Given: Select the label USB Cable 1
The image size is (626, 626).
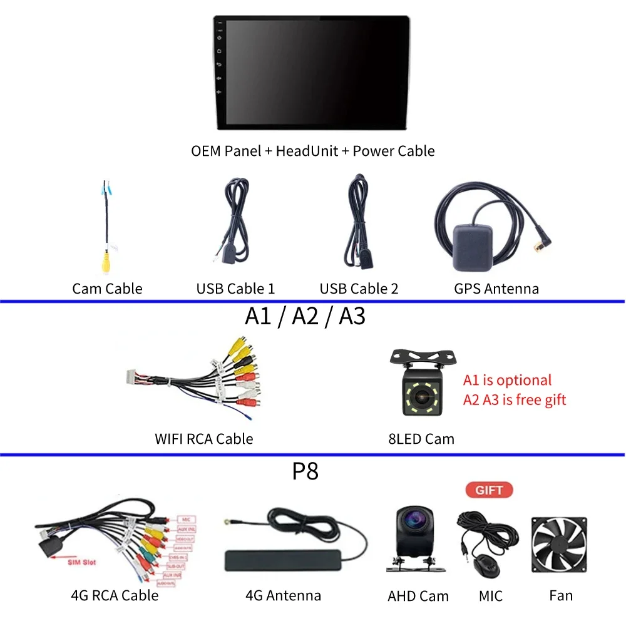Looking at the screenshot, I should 235,289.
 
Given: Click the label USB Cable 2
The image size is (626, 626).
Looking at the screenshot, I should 359,289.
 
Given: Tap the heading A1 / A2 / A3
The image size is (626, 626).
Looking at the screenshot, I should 305,316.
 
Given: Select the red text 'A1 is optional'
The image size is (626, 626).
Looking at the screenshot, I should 507,381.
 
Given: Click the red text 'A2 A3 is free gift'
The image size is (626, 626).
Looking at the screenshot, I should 514,400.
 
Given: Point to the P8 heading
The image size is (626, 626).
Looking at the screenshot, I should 305,471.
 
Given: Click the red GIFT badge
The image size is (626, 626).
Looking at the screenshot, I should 489,490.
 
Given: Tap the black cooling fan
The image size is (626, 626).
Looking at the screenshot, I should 558,545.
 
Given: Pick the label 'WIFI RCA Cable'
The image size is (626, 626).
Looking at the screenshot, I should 204,439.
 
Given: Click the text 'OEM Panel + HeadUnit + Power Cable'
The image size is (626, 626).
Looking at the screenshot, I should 313,151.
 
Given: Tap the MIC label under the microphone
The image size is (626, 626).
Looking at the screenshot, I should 491,596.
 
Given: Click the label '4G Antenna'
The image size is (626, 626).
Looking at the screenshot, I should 283,596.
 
